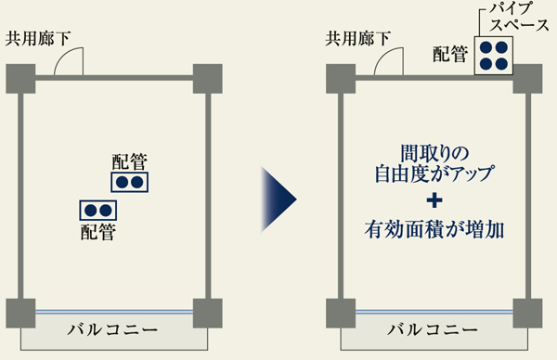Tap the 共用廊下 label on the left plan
43,39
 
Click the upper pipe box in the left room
130,182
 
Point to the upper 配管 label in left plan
129,161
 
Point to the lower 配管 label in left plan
98,232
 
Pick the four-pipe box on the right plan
494,56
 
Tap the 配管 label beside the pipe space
452,55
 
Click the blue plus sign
434,199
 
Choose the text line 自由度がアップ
434,173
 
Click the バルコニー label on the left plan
113,330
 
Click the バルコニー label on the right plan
433,330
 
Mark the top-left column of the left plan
20,78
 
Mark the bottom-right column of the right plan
526,311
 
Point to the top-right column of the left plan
208,78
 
